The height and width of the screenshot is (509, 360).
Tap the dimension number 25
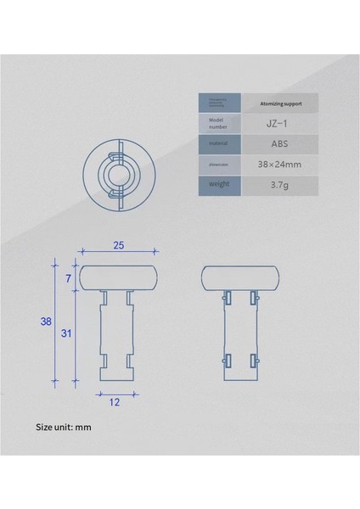click(x=119, y=246)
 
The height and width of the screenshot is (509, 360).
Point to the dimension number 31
click(x=65, y=333)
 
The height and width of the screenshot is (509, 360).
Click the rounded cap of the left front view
click(x=118, y=277)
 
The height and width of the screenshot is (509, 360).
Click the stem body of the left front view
click(x=118, y=335)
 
